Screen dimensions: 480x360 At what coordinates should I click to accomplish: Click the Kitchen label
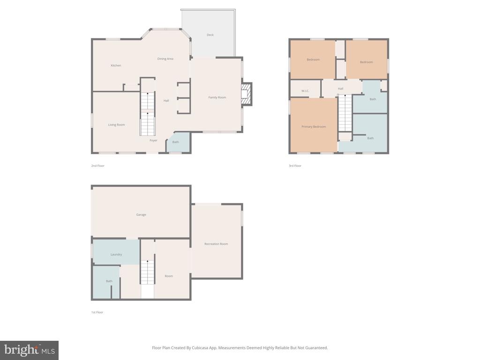(116, 66)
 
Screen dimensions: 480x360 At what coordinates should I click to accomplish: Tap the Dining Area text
(165, 59)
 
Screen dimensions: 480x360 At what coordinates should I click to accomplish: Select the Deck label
(210, 35)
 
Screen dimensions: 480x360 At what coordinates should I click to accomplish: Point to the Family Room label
(217, 97)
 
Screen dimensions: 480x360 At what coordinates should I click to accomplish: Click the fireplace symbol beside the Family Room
(247, 94)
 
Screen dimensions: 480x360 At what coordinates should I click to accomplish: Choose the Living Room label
(116, 125)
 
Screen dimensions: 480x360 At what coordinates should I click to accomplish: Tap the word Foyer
(153, 141)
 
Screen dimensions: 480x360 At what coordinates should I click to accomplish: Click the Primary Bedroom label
(314, 127)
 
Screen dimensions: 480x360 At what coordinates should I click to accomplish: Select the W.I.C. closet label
(305, 91)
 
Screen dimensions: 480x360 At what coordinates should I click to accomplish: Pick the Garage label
(141, 215)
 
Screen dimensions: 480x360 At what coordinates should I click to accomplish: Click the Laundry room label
(116, 255)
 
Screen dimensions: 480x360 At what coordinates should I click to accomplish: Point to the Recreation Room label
(216, 244)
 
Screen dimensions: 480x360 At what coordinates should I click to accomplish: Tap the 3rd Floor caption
(295, 166)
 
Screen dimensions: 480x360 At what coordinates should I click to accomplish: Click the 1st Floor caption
(97, 313)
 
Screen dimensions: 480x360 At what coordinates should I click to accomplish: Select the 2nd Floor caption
(97, 166)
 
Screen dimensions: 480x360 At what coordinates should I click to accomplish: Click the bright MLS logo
(30, 350)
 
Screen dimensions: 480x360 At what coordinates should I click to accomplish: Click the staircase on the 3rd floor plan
(345, 113)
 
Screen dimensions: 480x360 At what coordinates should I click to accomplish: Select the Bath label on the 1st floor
(109, 281)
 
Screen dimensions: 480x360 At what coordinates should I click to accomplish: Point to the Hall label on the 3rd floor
(340, 89)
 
